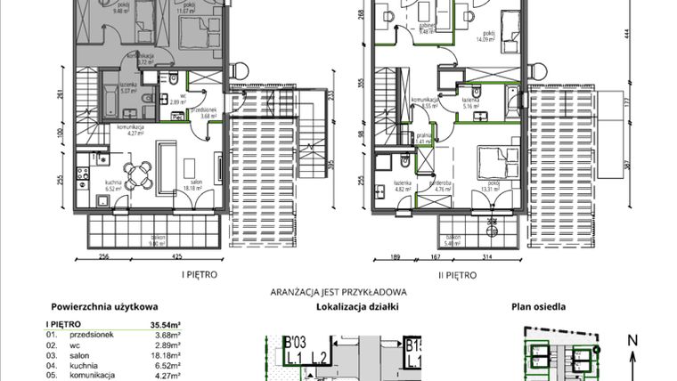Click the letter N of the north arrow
pyautogui.click(x=632, y=339)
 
